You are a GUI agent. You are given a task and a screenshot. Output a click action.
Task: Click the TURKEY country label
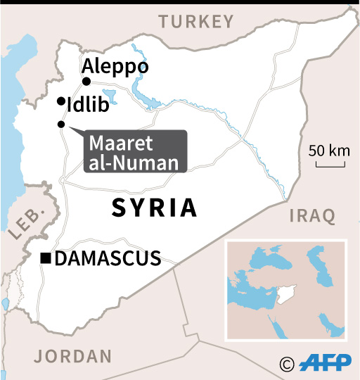(x=195, y=22)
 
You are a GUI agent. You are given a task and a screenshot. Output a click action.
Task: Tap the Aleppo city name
(x=115, y=67)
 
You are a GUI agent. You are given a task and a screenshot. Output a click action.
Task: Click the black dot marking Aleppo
(x=86, y=81)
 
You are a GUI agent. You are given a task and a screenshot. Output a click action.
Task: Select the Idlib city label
(x=89, y=106)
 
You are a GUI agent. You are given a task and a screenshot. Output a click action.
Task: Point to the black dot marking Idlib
(x=61, y=101)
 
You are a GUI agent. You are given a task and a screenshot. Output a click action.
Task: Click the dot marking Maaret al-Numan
(x=61, y=125)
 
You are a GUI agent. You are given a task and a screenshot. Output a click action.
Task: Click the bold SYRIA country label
(x=155, y=208)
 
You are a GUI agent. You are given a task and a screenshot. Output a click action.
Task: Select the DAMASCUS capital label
(x=108, y=259)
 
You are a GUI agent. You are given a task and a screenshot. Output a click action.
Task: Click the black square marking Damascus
(x=46, y=259)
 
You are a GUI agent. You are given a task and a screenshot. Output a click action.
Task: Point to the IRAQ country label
(x=311, y=216)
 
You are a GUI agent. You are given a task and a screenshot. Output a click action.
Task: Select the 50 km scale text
(x=329, y=151)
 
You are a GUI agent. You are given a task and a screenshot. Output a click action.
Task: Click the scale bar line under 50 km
(x=329, y=165)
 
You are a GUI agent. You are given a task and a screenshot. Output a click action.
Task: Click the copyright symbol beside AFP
(x=286, y=364)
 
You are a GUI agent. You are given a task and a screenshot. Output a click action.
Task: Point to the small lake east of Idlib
(x=110, y=94)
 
